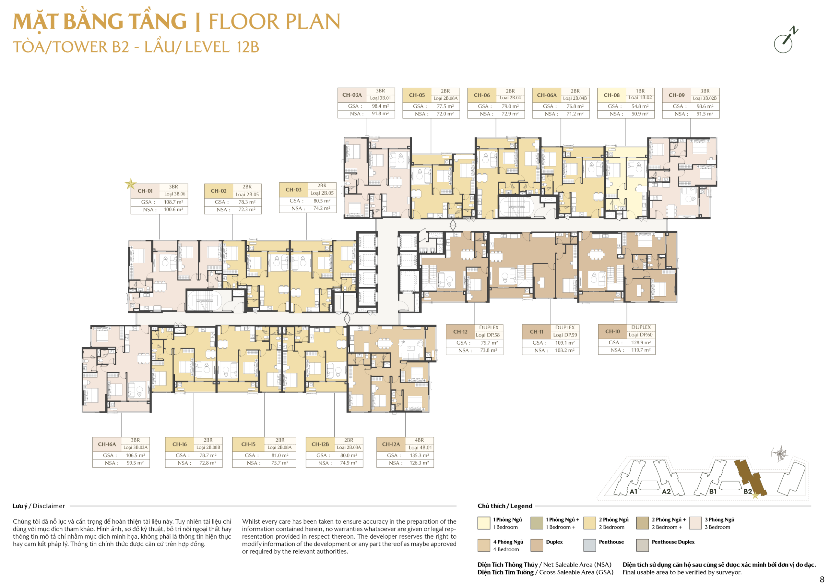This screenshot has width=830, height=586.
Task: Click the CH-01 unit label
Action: click(x=145, y=191)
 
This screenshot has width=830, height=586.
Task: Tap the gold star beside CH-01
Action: click(x=131, y=184)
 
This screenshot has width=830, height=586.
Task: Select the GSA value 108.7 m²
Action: click(x=173, y=202)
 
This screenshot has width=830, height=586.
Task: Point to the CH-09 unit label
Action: click(x=676, y=95)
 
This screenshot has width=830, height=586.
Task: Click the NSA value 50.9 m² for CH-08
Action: click(x=640, y=114)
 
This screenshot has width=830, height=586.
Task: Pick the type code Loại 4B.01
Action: click(x=420, y=448)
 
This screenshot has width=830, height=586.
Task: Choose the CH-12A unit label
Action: click(x=391, y=445)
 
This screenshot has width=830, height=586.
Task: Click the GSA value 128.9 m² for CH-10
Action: click(x=641, y=343)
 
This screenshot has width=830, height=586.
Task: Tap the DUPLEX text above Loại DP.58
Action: click(x=489, y=328)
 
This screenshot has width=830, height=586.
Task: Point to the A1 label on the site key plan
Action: click(x=633, y=492)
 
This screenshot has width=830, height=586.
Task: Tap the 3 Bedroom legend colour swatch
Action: click(x=695, y=523)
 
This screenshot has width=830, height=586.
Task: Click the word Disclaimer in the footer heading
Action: click(x=49, y=506)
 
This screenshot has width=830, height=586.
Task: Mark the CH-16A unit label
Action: click(x=107, y=445)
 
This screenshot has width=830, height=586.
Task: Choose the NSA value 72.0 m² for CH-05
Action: click(x=445, y=114)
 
